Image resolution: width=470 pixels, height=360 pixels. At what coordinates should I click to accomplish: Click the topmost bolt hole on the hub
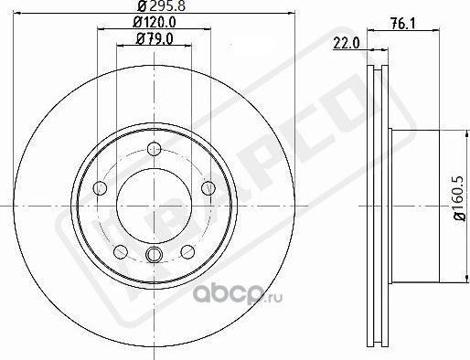tap(152, 153)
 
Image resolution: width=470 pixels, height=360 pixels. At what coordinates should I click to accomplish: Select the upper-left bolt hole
tap(101, 188)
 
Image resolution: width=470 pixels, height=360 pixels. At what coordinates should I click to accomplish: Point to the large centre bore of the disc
tap(152, 206)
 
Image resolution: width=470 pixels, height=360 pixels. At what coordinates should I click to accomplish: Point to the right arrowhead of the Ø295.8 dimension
tap(294, 14)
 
